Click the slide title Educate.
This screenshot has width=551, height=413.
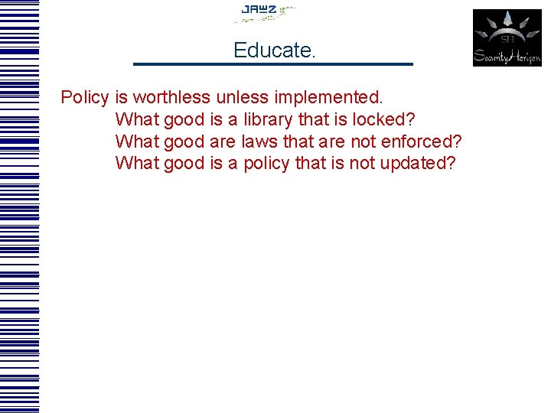[x=274, y=50]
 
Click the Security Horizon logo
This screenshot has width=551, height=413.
[x=507, y=37]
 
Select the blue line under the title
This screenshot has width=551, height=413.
[x=272, y=63]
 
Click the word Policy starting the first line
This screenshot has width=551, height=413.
[x=85, y=98]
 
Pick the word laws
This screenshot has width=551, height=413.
[x=259, y=141]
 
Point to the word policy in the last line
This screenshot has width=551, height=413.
[x=266, y=164]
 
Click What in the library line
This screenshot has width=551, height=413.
[x=137, y=120]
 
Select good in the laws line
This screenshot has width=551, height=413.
[x=184, y=141]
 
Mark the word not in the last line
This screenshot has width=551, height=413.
[x=361, y=164]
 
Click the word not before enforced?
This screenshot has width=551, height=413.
[x=363, y=141]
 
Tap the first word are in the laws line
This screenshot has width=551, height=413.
[x=221, y=141]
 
